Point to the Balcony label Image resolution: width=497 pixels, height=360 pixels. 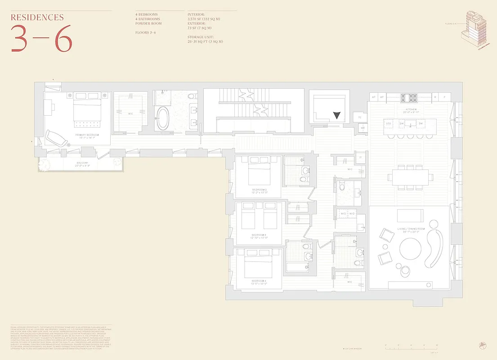point(82,163)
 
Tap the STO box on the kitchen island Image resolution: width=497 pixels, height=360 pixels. point(388,123)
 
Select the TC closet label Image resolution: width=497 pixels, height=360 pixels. point(360,117)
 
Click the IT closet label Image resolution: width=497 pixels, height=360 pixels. point(360,157)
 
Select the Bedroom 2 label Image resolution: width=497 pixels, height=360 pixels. point(260,190)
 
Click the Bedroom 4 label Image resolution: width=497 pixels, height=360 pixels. point(260,284)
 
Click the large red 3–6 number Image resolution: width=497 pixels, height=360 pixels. point(41,38)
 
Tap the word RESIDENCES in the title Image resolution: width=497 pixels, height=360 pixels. point(37,18)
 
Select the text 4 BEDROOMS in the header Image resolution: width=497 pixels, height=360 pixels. point(147,14)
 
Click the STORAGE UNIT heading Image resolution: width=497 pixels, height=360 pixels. point(201,37)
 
